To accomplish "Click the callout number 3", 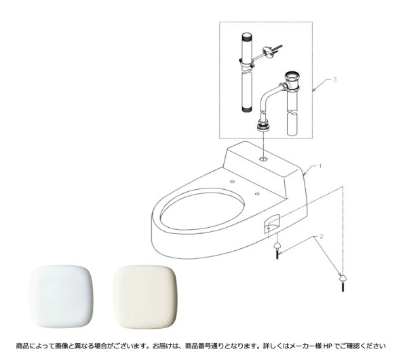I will [x=334, y=80].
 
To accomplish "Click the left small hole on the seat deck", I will [x=233, y=182].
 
